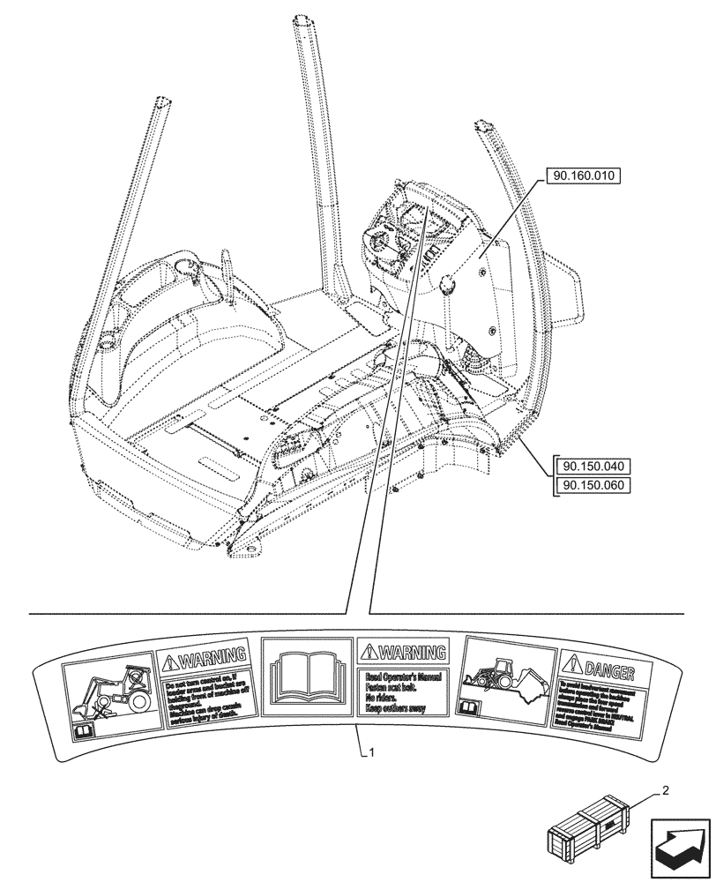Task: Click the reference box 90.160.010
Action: (x=584, y=176)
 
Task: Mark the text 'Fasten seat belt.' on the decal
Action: (x=395, y=687)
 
